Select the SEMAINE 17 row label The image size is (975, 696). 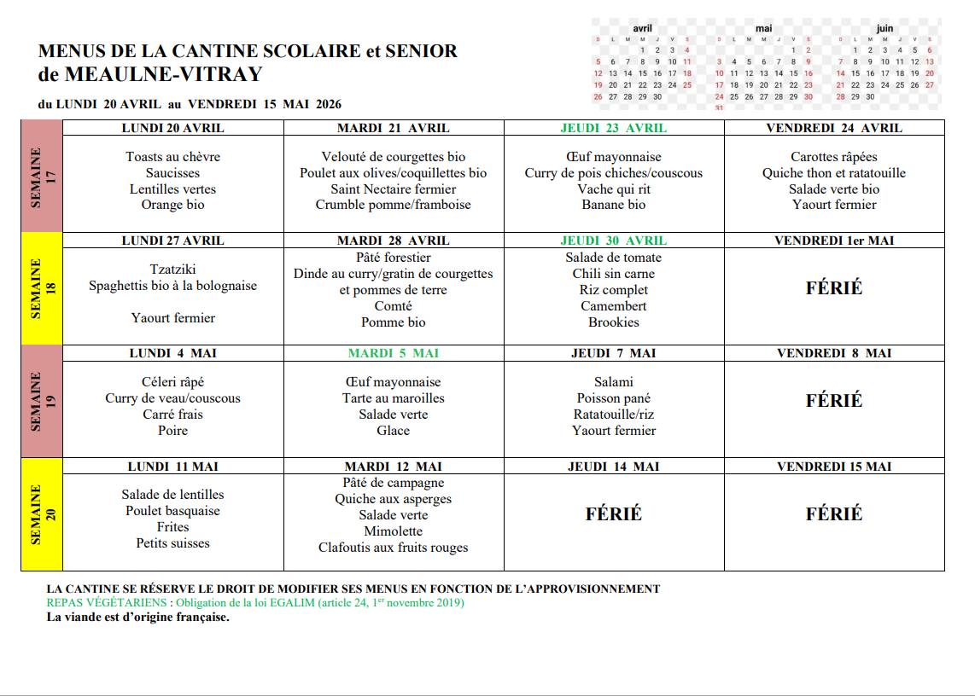42,176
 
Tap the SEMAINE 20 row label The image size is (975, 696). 42,514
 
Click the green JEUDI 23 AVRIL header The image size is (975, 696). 614,128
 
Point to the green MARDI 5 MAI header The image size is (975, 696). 394,353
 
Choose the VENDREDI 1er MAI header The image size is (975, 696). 834,241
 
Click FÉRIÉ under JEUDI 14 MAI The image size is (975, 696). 614,514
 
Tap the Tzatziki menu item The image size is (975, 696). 172,270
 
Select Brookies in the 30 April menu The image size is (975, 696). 614,322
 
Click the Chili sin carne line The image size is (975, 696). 614,274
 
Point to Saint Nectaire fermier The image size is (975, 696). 394,189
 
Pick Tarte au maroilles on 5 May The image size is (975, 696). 394,398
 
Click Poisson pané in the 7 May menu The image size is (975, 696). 614,398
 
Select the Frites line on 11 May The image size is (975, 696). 172,527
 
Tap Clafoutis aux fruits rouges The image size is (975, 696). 394,548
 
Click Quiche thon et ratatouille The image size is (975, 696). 834,173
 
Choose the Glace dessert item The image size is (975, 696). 394,431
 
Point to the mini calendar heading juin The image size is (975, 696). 885,28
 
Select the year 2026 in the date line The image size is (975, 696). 329,105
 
